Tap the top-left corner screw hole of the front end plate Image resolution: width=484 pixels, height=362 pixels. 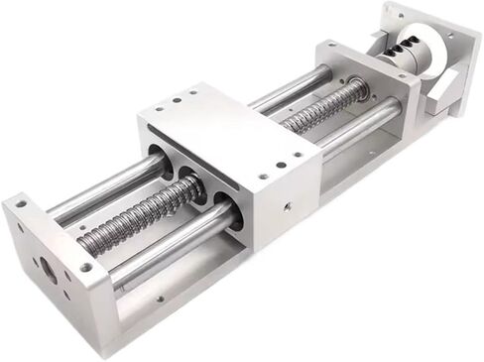20,204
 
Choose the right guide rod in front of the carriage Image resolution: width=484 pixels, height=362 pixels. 169,253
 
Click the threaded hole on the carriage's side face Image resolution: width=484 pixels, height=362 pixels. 287,208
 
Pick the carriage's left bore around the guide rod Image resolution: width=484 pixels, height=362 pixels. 159,159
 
